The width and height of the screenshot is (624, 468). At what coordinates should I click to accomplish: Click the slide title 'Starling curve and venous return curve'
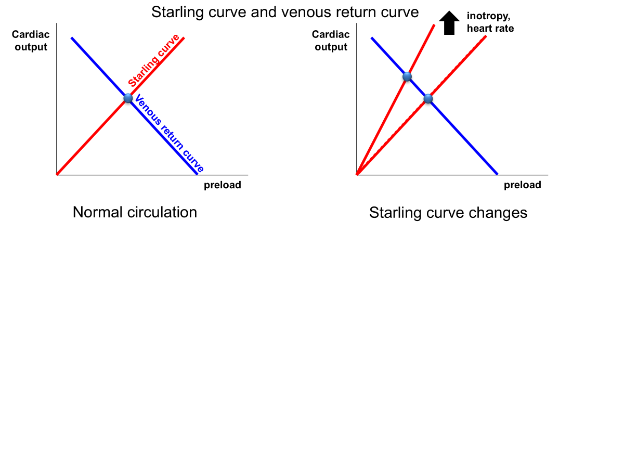[x=285, y=12]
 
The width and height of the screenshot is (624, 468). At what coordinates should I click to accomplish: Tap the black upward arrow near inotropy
[x=449, y=23]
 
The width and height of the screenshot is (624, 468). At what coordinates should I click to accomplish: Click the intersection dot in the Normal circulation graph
[x=128, y=98]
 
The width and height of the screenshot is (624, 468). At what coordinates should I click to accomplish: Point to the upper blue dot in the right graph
[x=407, y=77]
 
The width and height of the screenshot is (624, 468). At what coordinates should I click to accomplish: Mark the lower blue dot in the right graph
[x=428, y=98]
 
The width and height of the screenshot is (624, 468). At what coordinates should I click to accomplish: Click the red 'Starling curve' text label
[x=154, y=61]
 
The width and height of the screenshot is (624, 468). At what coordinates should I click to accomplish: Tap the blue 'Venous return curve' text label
[x=168, y=134]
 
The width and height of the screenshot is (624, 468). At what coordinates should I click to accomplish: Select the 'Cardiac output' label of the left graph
[x=31, y=41]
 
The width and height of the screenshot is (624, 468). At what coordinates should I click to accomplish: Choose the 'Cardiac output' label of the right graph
[x=331, y=41]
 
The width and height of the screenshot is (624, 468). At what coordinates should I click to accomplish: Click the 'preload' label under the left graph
[x=222, y=185]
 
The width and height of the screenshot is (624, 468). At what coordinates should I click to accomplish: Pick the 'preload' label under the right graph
[x=522, y=185]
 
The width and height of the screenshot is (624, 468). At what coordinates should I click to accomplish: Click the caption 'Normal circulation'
[x=135, y=212]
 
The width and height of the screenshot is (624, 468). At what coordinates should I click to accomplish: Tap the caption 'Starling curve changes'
[x=448, y=213]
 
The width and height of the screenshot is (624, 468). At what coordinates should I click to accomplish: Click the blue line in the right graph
[x=463, y=137]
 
